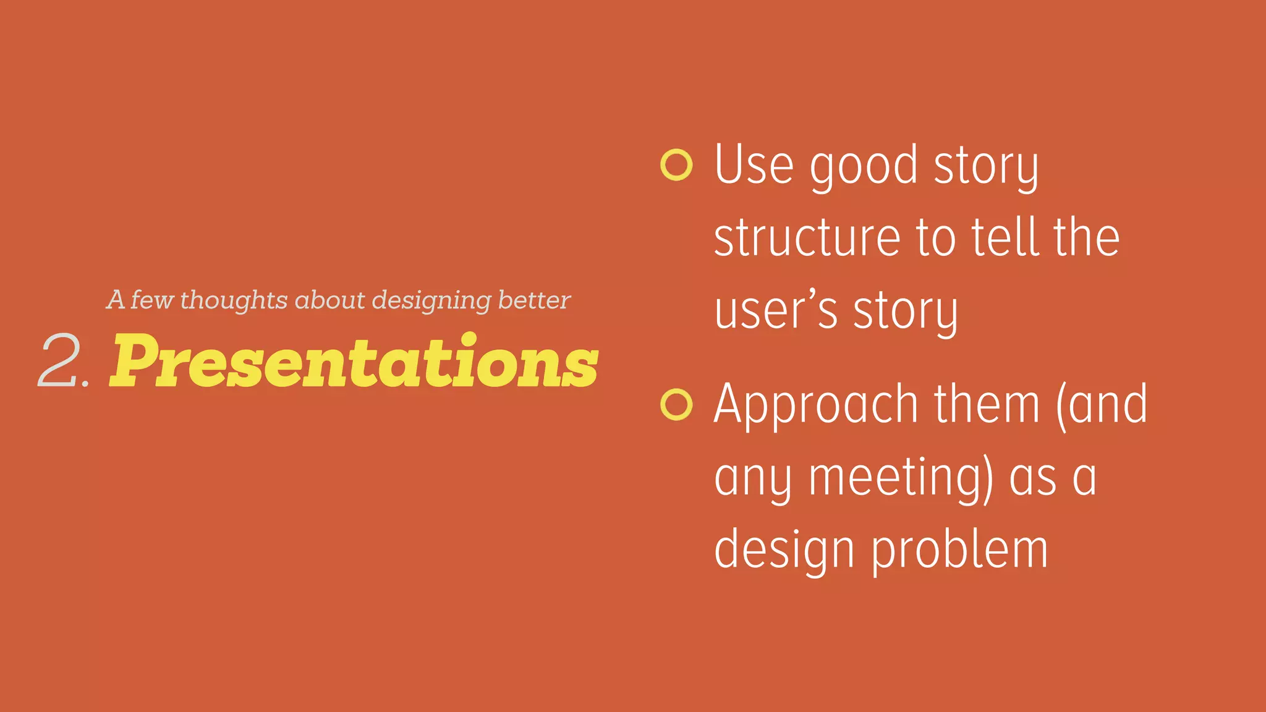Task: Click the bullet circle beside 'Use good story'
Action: pyautogui.click(x=676, y=165)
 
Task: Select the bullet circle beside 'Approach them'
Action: pyautogui.click(x=676, y=405)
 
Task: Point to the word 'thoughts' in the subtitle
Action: pyautogui.click(x=234, y=300)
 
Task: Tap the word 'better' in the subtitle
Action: pyautogui.click(x=534, y=300)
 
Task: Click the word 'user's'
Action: pyautogui.click(x=775, y=310)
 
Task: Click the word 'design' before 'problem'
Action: pyautogui.click(x=784, y=551)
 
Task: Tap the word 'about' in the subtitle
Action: pyautogui.click(x=330, y=300)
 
